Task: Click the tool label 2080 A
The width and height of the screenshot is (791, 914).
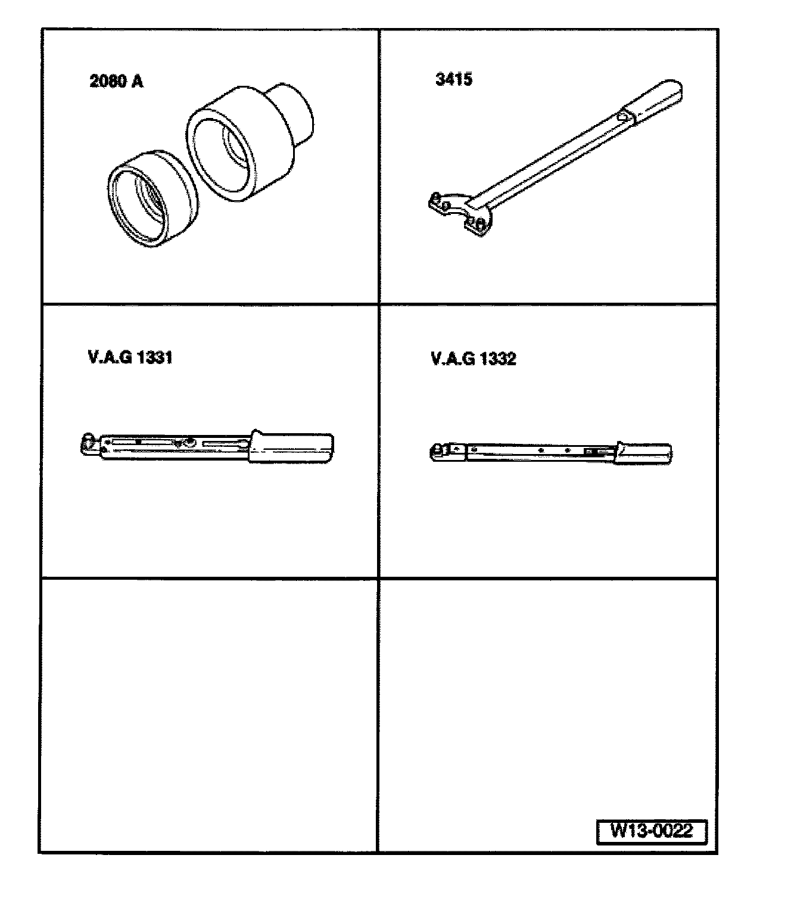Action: (116, 82)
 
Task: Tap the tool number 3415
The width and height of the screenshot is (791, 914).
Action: (454, 80)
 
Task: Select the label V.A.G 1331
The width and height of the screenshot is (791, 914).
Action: (130, 357)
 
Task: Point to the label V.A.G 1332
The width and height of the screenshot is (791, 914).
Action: (473, 359)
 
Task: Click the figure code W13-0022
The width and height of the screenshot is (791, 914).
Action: (651, 831)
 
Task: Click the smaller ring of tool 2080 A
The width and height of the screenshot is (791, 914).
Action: (152, 198)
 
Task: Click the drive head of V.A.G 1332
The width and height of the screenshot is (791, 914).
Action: (440, 452)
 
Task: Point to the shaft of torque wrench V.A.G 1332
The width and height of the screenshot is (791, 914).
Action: (540, 452)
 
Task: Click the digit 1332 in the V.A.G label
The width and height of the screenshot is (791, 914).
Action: (498, 359)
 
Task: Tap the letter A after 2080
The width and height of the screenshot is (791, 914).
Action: (138, 82)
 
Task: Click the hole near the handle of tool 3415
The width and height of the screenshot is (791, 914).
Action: (622, 117)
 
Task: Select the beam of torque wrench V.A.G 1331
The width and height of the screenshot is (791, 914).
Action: (175, 447)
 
